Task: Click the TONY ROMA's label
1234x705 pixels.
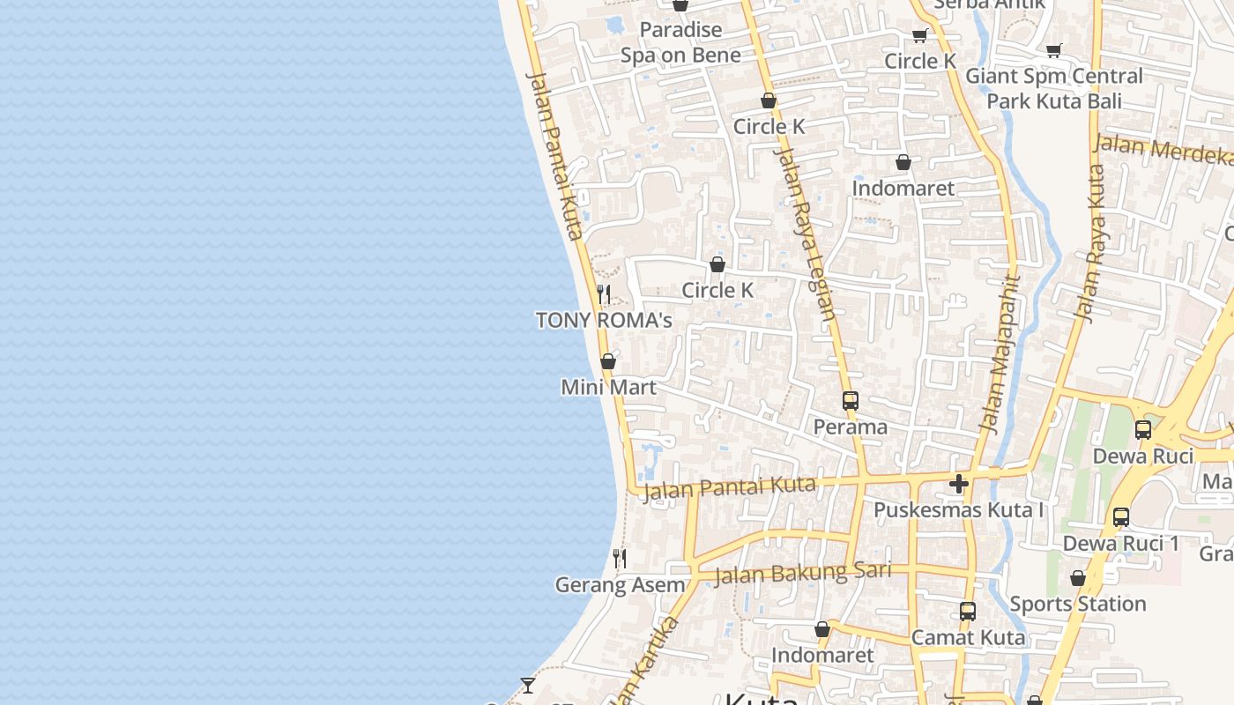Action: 604,320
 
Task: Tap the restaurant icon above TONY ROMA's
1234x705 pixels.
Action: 604,293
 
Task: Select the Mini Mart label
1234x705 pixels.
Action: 608,387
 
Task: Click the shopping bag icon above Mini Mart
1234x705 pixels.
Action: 607,361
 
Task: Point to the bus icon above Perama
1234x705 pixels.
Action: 850,401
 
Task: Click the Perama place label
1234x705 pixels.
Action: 850,427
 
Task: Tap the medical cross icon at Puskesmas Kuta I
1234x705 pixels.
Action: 959,483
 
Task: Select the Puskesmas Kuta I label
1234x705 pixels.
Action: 959,509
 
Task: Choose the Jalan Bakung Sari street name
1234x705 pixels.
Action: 803,573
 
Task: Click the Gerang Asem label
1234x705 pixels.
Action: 620,584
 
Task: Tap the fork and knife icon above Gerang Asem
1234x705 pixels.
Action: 620,558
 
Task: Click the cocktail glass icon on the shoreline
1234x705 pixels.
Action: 527,685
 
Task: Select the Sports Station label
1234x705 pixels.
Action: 1077,604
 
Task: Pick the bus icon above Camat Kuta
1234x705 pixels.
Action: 968,611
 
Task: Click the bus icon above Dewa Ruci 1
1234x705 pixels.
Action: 1120,517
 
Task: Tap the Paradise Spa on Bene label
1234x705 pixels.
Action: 680,42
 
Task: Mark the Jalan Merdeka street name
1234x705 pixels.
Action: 1163,150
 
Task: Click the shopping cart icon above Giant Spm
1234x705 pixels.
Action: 1053,50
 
